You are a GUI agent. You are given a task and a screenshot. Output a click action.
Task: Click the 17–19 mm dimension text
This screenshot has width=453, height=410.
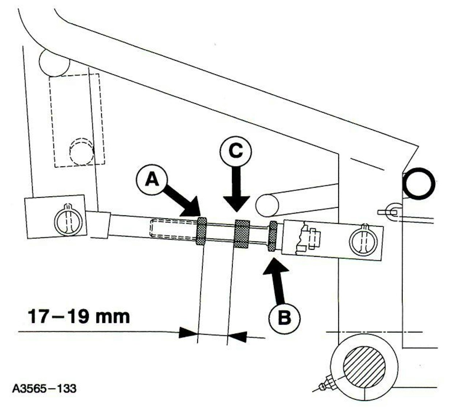pos(79,317)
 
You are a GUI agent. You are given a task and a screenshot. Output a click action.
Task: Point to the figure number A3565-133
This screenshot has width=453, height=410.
pos(44,389)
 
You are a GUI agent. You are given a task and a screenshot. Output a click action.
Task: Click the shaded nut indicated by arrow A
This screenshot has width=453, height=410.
pos(201,231)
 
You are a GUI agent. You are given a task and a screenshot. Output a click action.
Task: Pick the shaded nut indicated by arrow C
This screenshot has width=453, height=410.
pos(241,234)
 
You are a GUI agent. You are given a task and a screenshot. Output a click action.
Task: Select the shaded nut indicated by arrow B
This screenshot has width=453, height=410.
pos(273,236)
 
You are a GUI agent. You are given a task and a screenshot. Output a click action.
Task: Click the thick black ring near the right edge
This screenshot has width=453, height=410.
pos(418,183)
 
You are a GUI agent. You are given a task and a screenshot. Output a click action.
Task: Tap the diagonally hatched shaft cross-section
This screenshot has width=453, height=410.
pos(364,366)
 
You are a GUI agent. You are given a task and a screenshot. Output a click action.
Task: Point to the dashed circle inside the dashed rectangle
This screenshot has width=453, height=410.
pos(81,151)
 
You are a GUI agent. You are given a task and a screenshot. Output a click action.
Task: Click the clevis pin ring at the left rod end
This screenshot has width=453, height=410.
pos(68,219)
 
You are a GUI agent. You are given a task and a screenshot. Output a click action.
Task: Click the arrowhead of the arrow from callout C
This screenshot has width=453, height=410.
pos(236,204)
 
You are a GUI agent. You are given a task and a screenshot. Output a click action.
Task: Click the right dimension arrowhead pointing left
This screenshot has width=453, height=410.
pos(237,337)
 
